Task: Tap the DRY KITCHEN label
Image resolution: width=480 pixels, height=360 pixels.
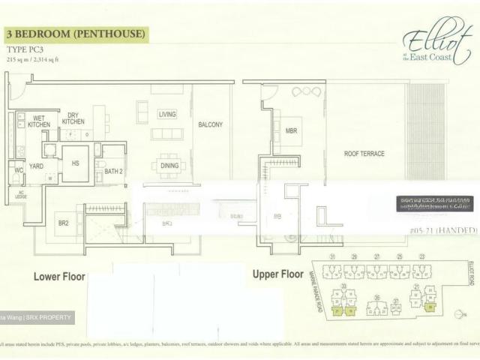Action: (73, 118)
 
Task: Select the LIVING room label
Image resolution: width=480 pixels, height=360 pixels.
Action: (166, 115)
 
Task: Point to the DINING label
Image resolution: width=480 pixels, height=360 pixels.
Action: (169, 166)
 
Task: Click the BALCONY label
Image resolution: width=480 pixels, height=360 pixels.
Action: (210, 125)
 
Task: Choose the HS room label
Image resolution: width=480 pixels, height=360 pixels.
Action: (75, 163)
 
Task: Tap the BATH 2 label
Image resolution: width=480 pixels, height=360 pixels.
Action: (114, 172)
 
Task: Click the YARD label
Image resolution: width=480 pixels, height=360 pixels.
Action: (36, 165)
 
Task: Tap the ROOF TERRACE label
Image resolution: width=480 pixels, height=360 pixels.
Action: (364, 154)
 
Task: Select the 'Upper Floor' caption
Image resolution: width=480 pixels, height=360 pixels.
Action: (277, 274)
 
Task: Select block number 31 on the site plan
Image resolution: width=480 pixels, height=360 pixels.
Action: (331, 257)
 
